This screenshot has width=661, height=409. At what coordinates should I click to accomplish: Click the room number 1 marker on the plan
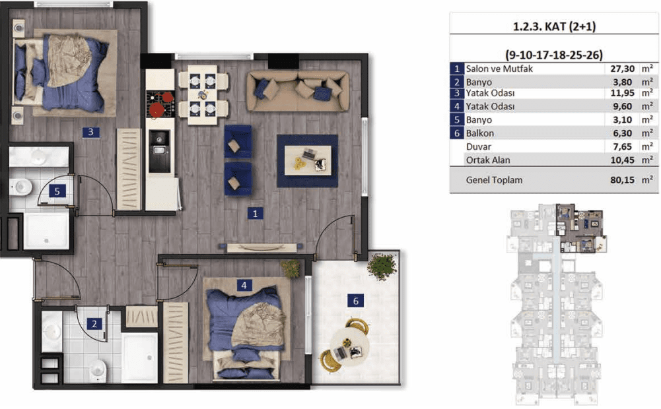255,214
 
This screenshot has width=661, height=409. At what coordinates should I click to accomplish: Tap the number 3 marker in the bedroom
90,132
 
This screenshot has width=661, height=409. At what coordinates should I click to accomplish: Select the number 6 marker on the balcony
355,301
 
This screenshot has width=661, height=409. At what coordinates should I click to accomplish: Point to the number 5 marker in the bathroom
57,192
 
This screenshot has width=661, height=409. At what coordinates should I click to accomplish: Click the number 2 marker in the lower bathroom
94,324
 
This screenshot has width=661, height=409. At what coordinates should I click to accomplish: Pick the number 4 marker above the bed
244,285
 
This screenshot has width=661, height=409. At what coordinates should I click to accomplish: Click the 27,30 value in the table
622,69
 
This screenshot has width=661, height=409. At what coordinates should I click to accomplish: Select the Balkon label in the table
479,133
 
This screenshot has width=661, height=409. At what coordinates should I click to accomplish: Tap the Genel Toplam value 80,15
622,180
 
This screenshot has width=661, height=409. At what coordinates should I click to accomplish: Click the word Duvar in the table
479,146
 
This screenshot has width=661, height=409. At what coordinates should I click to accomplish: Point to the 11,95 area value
622,92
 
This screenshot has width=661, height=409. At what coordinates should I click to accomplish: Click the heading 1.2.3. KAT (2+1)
554,26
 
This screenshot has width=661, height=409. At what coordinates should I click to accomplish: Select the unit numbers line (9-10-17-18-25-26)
554,55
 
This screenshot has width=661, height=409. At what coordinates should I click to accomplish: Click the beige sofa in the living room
298,91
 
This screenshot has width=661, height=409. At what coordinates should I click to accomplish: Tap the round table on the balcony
349,346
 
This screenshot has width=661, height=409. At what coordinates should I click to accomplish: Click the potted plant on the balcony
382,266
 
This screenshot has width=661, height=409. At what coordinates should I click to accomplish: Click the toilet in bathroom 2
98,370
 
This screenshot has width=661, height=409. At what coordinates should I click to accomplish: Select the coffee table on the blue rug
308,160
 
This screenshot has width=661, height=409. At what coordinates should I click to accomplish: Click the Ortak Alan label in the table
488,160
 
